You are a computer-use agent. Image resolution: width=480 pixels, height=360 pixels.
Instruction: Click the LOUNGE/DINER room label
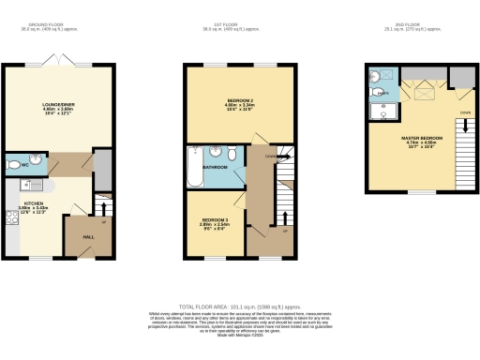(x=57, y=104)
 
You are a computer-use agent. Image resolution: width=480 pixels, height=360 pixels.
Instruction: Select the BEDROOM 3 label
(x=214, y=220)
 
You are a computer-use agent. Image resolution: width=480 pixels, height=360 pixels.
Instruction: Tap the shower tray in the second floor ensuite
(x=382, y=112)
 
